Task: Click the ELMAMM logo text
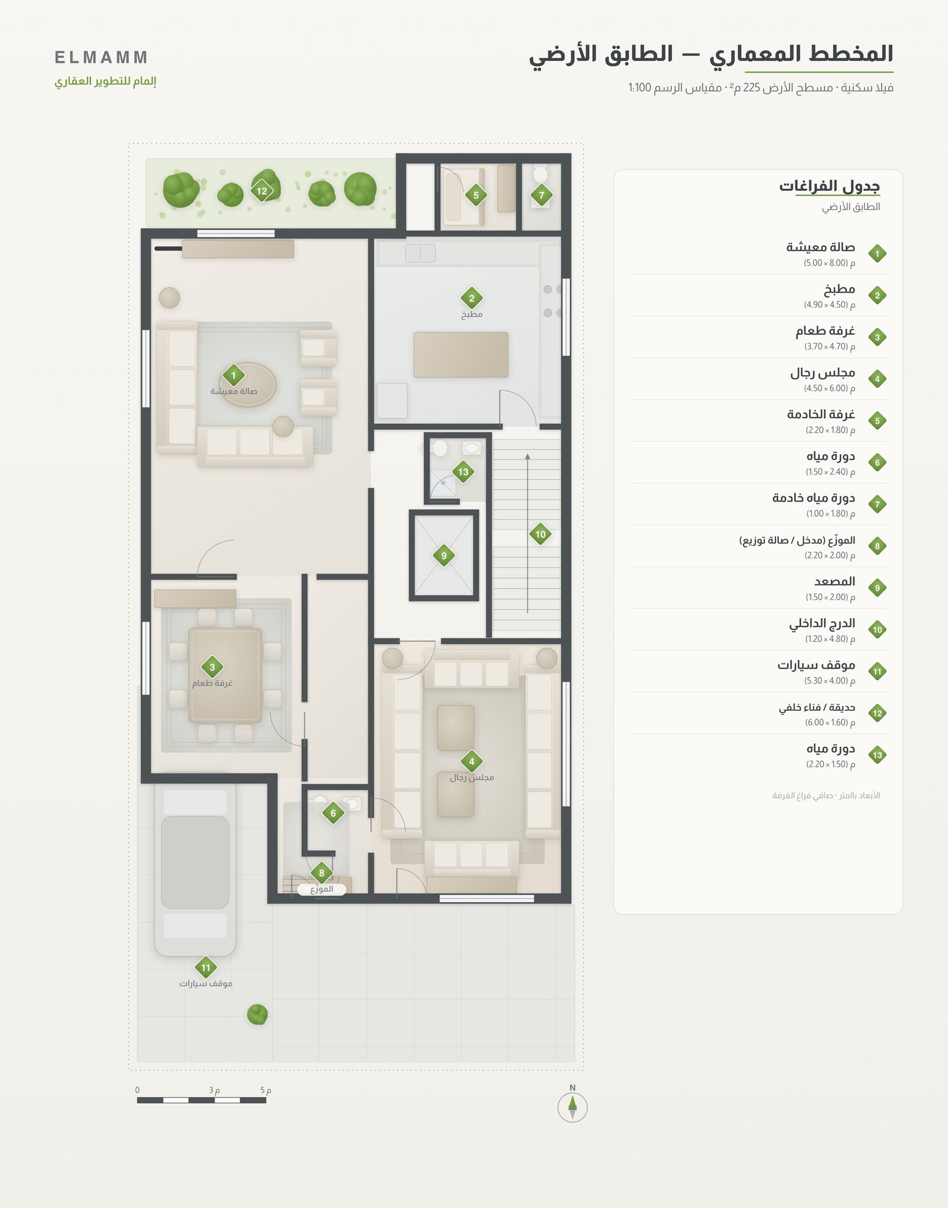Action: coord(101,57)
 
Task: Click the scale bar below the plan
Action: coord(201,1100)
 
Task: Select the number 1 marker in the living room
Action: coord(233,375)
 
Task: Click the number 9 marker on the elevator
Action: coord(444,556)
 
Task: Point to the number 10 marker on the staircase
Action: coord(540,534)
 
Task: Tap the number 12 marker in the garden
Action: coord(261,191)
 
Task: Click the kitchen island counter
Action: coord(461,354)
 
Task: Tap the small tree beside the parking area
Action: coord(257,1014)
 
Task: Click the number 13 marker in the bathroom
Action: coord(463,472)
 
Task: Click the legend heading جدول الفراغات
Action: coord(829,186)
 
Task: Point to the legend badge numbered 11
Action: coord(877,672)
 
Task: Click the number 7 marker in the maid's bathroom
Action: coord(541,195)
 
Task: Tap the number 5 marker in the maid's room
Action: coord(476,195)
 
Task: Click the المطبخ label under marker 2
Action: coord(472,314)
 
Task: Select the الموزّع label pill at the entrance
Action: coord(322,889)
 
